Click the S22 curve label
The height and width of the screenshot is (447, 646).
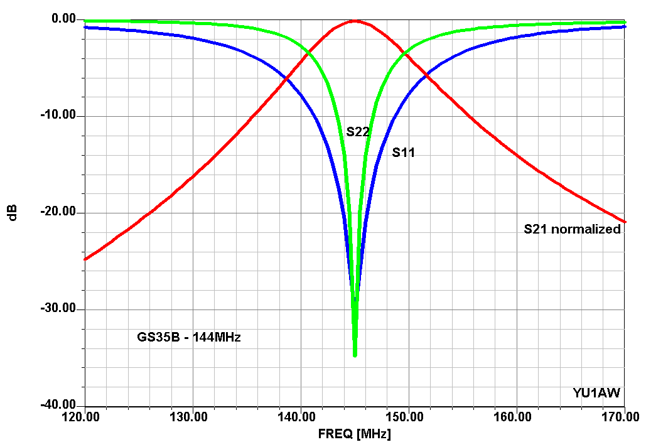(x=358, y=131)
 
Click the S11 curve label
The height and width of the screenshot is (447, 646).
(x=403, y=153)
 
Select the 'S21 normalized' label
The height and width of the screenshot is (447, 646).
(x=572, y=229)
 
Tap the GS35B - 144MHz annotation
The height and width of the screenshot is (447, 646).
(x=189, y=337)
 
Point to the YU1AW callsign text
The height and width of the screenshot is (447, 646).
(x=596, y=393)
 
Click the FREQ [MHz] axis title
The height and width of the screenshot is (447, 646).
(x=354, y=434)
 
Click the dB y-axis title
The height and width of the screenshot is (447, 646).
(x=13, y=213)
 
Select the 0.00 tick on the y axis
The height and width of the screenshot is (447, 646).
(x=64, y=19)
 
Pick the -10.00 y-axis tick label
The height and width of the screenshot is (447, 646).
(x=58, y=115)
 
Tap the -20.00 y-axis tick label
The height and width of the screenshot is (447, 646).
(x=58, y=212)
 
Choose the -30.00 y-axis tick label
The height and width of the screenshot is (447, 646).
(x=58, y=308)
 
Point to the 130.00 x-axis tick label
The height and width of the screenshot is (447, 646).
(x=189, y=417)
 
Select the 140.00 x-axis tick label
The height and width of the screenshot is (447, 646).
(x=296, y=417)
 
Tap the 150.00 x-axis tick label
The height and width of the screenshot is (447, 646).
(x=404, y=417)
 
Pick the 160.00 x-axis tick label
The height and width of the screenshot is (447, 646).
(x=512, y=417)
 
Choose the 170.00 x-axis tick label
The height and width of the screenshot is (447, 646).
(x=621, y=417)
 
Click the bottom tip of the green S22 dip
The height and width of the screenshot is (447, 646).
(x=355, y=356)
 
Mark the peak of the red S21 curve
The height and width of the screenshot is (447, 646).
(x=355, y=21)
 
